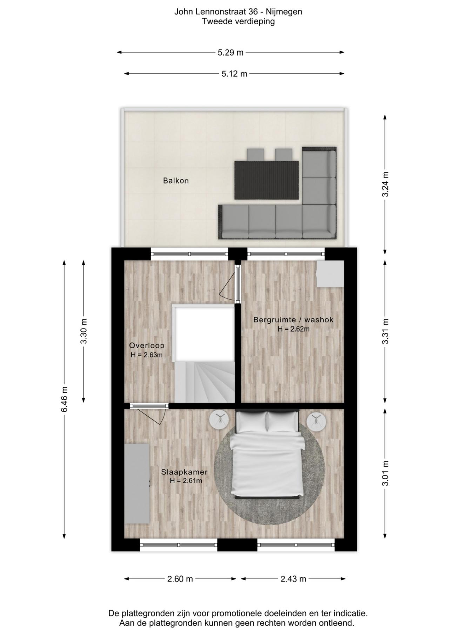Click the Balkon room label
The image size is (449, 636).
[x=176, y=181]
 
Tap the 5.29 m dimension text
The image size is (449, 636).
[x=230, y=53]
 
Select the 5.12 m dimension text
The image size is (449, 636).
[x=234, y=74]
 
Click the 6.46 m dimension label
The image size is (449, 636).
[x=64, y=400]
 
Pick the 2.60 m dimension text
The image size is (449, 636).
[x=180, y=579]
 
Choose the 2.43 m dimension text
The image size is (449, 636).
[x=293, y=579]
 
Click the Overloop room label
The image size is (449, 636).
[x=147, y=345]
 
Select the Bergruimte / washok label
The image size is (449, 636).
[x=293, y=320]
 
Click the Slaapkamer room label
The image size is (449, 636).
[x=184, y=472]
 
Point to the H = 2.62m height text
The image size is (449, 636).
[x=294, y=329]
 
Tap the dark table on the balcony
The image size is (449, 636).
[x=267, y=180]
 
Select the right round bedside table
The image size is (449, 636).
[x=316, y=421]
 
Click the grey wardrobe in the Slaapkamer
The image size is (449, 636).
[x=137, y=484]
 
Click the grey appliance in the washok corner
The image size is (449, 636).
[x=330, y=274]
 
